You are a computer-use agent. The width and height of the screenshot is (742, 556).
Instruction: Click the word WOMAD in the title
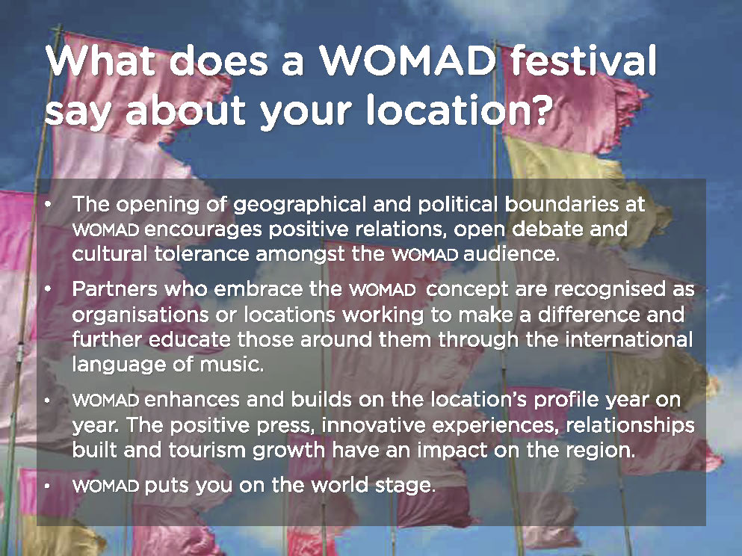coord(407,61)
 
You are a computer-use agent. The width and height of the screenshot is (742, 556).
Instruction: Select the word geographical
coord(300,206)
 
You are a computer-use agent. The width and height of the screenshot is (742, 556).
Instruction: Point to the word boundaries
coord(561,205)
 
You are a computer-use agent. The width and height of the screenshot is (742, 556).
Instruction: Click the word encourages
coord(203,230)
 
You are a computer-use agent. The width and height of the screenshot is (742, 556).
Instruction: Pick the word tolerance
coord(202,254)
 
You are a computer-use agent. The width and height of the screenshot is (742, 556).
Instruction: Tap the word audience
coord(511,254)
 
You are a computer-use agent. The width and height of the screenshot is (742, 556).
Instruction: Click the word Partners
coord(114,289)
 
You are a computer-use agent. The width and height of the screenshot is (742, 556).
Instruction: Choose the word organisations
coord(140,315)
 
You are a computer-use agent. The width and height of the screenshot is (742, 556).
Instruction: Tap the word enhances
coord(192,400)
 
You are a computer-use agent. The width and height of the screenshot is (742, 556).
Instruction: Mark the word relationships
coord(631,425)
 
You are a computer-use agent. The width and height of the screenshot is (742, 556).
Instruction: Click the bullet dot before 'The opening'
coord(48,206)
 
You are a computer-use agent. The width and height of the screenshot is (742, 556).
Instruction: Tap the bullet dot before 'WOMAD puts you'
coord(47,486)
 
